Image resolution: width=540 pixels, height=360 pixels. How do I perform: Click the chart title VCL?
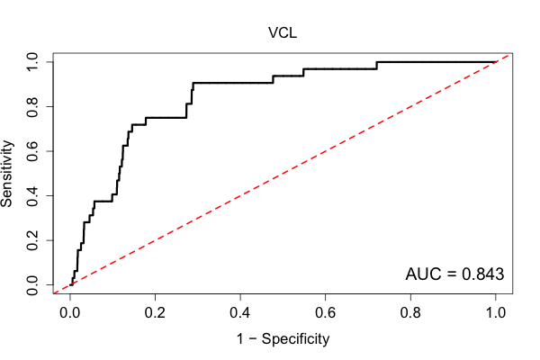pos(283,33)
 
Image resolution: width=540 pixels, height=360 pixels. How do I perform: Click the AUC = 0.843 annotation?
pos(454,274)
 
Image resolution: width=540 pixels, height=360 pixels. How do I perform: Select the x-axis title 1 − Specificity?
pos(283,339)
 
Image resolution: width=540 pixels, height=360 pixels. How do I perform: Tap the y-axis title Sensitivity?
pos(7,174)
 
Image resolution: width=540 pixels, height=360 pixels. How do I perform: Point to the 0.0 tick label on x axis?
pos(70,313)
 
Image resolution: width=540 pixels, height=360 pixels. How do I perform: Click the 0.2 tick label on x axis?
pos(155,313)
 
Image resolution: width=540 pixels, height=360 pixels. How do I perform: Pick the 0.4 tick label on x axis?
pos(240,313)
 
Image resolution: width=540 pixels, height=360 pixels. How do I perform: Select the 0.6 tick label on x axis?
pos(325,313)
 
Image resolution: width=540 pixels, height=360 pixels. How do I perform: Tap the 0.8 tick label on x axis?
pos(410,313)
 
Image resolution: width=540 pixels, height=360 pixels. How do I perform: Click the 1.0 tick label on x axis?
pos(496,313)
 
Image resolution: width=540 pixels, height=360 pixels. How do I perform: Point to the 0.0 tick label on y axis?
pos(32,285)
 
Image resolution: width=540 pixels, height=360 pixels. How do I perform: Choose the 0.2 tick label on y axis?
pos(32,240)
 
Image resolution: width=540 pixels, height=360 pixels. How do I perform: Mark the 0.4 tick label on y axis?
pos(32,195)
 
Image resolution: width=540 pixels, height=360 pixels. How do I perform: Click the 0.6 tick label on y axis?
pos(32,151)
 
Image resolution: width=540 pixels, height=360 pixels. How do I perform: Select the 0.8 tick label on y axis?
pos(32,107)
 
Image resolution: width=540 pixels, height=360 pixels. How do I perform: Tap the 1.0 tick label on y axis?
pos(32,62)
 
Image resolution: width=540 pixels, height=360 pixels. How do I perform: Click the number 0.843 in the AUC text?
pos(482,274)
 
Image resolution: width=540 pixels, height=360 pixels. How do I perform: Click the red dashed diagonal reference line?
pos(283,174)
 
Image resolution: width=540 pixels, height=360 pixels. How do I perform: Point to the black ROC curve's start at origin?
pos(70,285)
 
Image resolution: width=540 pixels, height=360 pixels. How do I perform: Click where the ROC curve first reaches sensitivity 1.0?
pos(377,62)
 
